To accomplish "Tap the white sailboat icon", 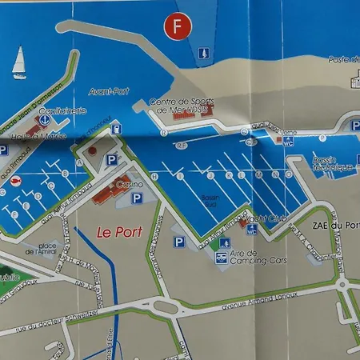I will tap(19, 61).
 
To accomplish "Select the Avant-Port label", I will tap(110, 90).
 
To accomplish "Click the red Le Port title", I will tap(114, 232).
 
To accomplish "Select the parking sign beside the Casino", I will tap(138, 198).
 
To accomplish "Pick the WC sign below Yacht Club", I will tap(251, 229).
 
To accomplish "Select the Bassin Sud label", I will tap(210, 199).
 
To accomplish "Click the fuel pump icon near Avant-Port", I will tap(116, 128).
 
